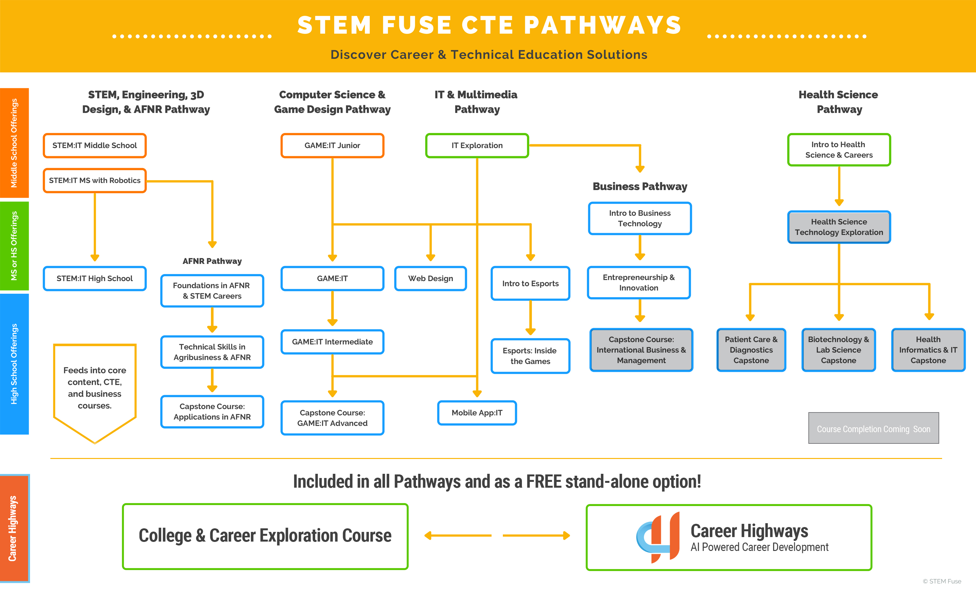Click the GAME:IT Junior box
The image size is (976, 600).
click(x=332, y=145)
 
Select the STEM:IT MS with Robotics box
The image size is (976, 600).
click(x=95, y=180)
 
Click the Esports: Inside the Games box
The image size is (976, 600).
click(x=530, y=356)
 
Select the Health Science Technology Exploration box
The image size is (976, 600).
click(x=839, y=227)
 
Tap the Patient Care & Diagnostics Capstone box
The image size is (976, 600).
click(x=751, y=350)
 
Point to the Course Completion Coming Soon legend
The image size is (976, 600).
click(x=873, y=429)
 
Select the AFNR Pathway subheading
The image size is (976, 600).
click(x=212, y=261)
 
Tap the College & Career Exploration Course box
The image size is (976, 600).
click(x=265, y=536)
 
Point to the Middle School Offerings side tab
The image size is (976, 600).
click(x=14, y=143)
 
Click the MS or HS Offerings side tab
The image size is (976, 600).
click(x=14, y=246)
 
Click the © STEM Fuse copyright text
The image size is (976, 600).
click(x=941, y=581)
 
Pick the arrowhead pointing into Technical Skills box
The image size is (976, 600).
click(x=212, y=329)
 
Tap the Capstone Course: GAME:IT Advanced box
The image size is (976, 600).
click(x=332, y=418)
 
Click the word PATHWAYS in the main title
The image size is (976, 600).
click(x=602, y=25)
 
